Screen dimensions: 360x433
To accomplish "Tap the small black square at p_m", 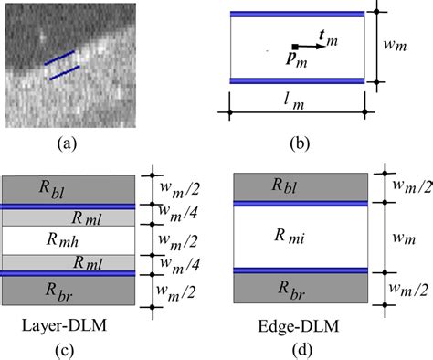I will [294, 45].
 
